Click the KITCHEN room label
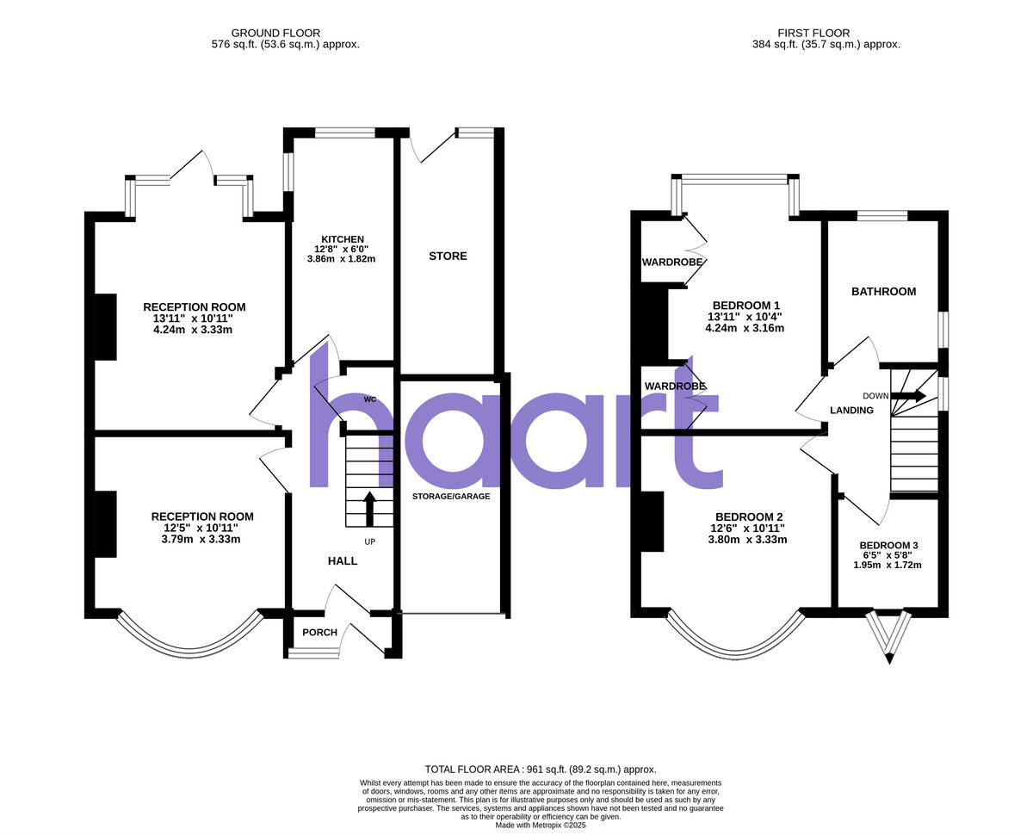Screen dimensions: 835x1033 click(343, 238)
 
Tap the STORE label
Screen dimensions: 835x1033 click(448, 256)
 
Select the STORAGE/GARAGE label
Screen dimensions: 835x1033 click(451, 496)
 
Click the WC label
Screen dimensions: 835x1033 click(369, 399)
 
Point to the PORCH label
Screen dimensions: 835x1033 click(319, 633)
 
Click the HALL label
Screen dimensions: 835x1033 click(343, 560)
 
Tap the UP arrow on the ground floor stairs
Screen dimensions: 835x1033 click(370, 508)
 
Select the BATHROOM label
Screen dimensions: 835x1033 click(883, 292)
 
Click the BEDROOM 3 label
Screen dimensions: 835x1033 click(888, 545)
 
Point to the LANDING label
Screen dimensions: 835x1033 click(851, 411)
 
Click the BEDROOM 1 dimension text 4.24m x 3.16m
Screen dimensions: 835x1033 click(745, 328)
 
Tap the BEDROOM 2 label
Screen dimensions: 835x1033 click(747, 516)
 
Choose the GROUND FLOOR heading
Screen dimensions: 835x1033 click(285, 33)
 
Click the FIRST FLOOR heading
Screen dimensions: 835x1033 click(826, 33)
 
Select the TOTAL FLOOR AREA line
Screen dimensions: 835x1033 click(541, 769)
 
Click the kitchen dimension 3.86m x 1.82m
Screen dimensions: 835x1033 click(341, 258)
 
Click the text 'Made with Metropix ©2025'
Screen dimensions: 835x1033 click(541, 825)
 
